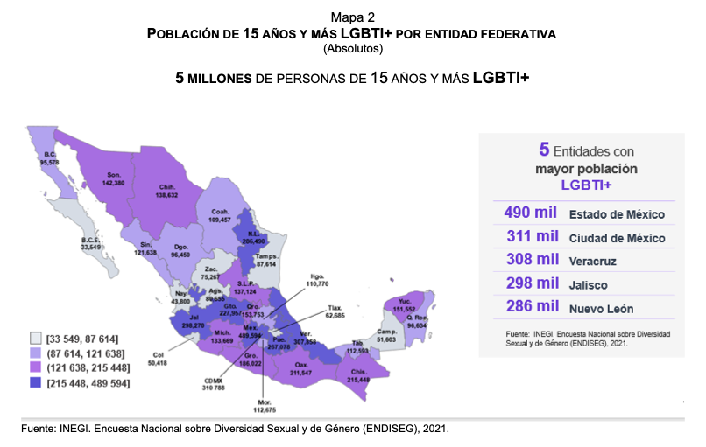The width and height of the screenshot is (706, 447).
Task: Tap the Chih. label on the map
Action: click(169, 191)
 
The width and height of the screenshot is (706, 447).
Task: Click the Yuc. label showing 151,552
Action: click(404, 304)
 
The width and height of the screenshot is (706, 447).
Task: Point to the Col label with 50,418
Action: click(157, 356)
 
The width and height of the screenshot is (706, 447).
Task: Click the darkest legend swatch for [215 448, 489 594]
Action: click(34, 383)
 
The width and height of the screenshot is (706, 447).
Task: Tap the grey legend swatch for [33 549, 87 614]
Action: click(34, 339)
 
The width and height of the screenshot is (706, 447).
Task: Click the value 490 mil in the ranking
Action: click(532, 213)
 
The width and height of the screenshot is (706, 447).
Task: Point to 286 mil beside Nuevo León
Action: click(532, 308)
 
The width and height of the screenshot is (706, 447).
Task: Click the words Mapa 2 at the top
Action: click(352, 17)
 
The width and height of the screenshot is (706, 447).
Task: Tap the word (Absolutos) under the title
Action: click(352, 48)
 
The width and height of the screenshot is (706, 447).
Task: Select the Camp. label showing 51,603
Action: click(386, 335)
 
